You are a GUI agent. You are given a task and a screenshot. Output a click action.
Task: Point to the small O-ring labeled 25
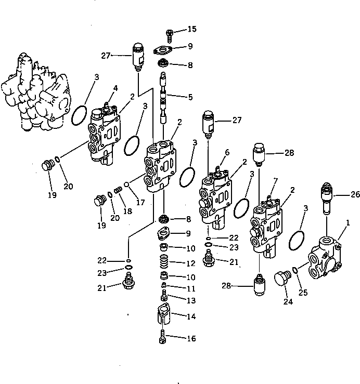click(x=295, y=270)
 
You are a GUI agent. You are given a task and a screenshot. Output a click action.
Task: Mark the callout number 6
click(x=227, y=152)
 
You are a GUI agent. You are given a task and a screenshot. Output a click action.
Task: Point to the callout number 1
click(x=348, y=223)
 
